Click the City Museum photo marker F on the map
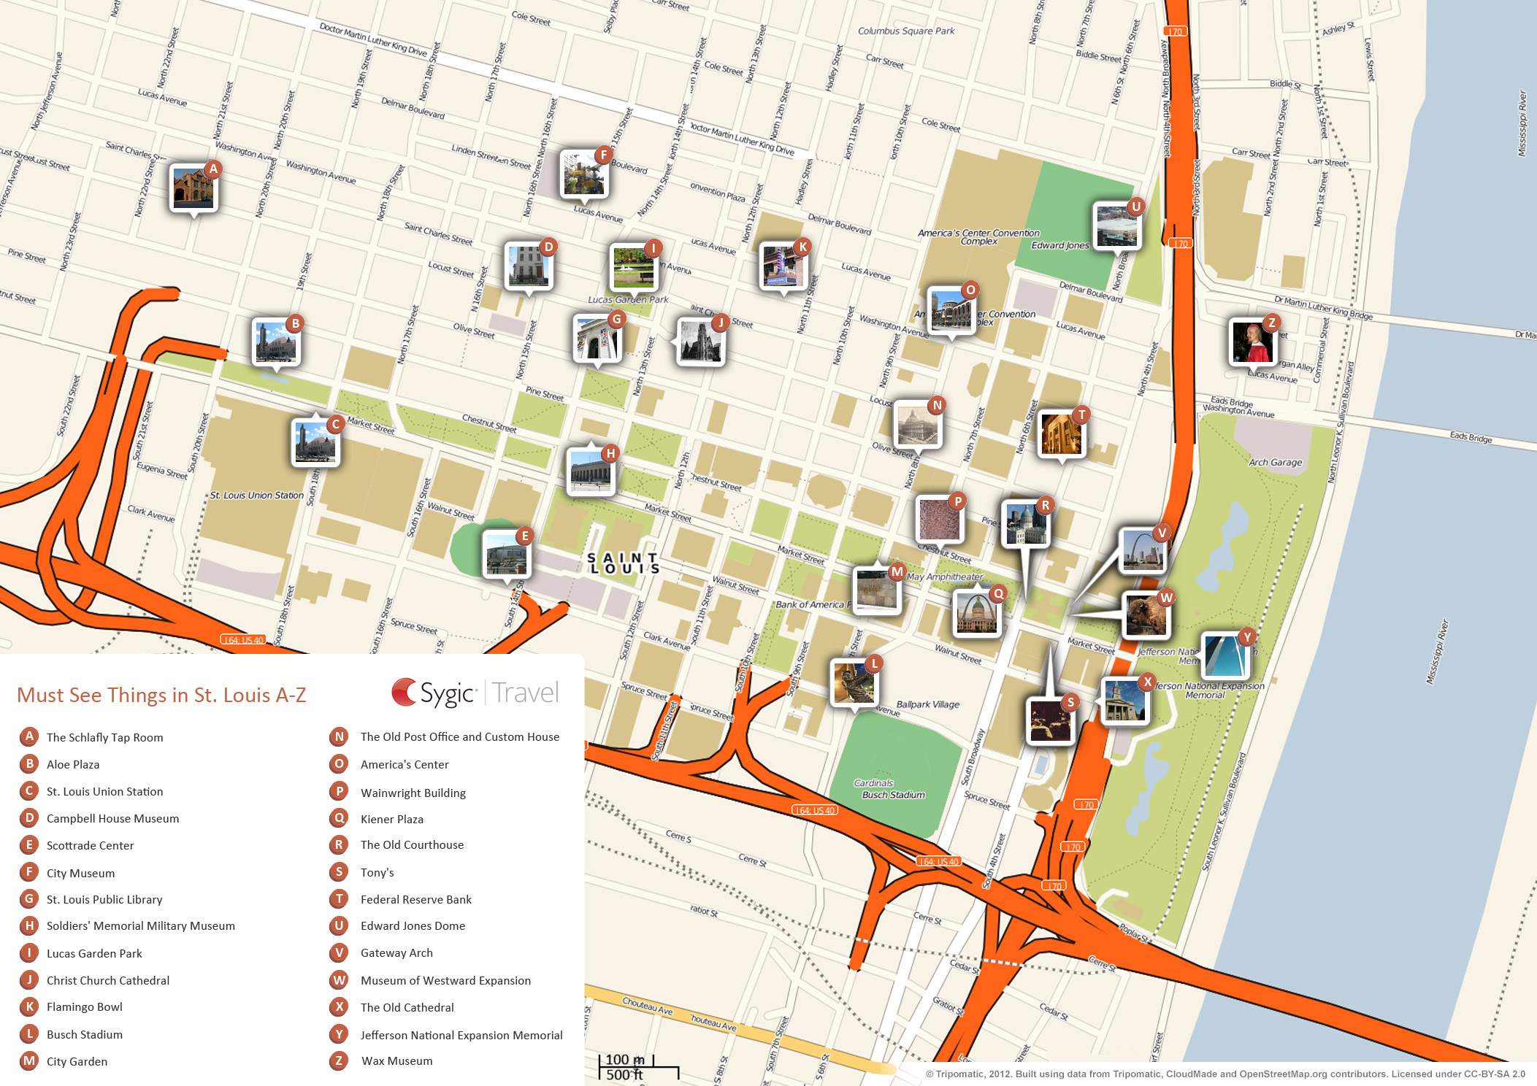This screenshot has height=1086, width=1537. pos(584,174)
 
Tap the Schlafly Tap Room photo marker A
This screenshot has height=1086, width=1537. pos(193,188)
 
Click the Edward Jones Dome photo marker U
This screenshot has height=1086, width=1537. pos(1116,226)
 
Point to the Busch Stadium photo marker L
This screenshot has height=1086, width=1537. pos(854,683)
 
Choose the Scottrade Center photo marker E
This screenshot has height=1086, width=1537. pos(507,555)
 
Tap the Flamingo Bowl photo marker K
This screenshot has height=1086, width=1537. pos(783,266)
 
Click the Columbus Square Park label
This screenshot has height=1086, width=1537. pos(906,31)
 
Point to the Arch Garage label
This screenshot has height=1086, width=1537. pos(1275,462)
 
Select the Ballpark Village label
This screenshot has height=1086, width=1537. pos(928,704)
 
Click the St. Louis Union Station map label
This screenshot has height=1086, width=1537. pos(256,495)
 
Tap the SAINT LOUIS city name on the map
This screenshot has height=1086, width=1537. pos(624,563)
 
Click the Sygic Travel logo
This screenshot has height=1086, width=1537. pos(475,693)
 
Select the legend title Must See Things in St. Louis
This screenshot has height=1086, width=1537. pos(161,695)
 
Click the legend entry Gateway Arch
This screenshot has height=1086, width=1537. pos(396,952)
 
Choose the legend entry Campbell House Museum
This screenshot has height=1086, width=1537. pos(112,818)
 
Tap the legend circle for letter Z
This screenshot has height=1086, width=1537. pos(339,1060)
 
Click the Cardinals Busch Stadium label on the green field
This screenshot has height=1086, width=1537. pos(892,789)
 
